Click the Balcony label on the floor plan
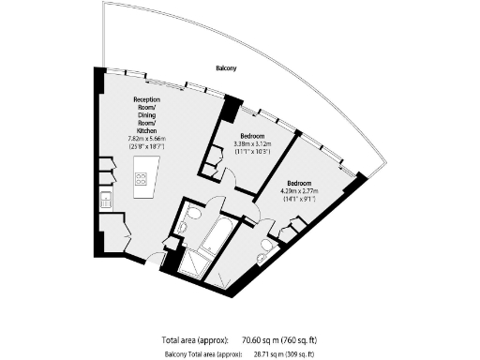pos(226,68)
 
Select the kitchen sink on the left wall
pos(106,199)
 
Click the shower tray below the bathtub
pos(197,264)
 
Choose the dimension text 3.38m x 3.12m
pos(252,143)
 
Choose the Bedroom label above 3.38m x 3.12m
pos(251,136)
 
